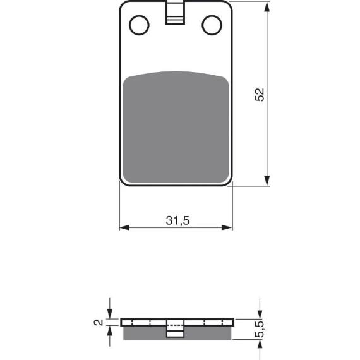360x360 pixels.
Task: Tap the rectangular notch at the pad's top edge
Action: (175, 13)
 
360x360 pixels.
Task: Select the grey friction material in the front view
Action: (176, 127)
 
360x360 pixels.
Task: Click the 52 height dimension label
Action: (260, 94)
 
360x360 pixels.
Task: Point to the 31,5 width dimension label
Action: (177, 220)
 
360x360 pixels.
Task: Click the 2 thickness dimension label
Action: (99, 322)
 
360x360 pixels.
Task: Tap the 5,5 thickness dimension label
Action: (260, 329)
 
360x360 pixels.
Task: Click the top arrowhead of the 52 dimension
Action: (267, 7)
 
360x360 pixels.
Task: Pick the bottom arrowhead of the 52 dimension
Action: (267, 181)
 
